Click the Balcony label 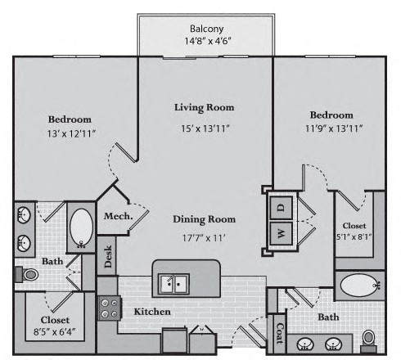click(x=206, y=29)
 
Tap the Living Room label click(x=205, y=107)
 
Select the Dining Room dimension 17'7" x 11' click(x=204, y=238)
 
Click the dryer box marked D click(x=282, y=208)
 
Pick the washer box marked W click(x=282, y=233)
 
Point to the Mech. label click(x=118, y=216)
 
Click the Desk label click(x=108, y=256)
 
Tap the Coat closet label click(x=280, y=333)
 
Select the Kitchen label click(x=152, y=312)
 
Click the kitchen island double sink click(x=174, y=284)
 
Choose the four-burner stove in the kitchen click(x=109, y=308)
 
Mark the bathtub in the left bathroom click(x=81, y=228)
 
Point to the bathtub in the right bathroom click(x=360, y=285)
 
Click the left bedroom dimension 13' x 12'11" click(x=71, y=134)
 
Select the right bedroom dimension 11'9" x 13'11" click(x=334, y=128)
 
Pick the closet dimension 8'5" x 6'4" click(x=54, y=332)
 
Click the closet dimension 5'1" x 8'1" click(x=354, y=236)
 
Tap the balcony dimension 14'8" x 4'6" click(x=208, y=41)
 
